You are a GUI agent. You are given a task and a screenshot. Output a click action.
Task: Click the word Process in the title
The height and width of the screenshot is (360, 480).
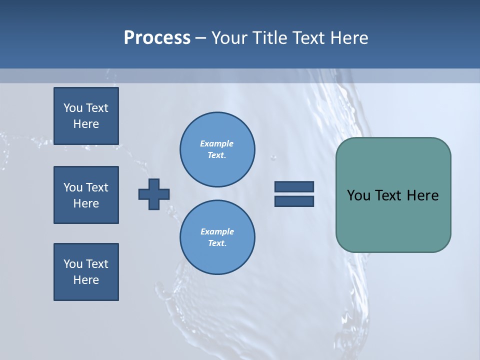(157, 38)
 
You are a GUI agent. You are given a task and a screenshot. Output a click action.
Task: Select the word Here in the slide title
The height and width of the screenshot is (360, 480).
(349, 38)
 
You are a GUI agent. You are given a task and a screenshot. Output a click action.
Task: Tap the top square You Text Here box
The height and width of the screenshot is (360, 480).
(86, 116)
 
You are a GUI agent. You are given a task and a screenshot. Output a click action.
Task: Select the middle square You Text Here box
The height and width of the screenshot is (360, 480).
(86, 195)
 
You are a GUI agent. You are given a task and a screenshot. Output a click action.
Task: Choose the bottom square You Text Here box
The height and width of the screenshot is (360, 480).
(86, 272)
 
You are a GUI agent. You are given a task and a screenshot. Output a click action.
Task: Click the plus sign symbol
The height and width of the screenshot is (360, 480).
(154, 194)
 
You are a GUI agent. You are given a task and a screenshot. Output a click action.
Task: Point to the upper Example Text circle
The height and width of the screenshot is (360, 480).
(217, 149)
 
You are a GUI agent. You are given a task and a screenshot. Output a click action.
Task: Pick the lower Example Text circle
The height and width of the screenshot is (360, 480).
(217, 237)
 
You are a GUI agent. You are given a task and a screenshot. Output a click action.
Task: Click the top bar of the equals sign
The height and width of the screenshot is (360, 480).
(294, 186)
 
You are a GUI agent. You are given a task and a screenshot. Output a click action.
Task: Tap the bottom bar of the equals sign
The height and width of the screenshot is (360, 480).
(294, 201)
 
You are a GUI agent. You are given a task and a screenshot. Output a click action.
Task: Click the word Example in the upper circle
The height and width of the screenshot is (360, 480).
(217, 143)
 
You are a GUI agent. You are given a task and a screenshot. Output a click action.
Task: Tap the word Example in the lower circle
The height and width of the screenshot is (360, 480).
(217, 231)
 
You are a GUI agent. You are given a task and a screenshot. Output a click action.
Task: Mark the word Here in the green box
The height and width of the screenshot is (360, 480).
(422, 195)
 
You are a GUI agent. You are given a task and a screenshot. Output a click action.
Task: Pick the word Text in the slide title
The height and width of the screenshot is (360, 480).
(309, 38)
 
